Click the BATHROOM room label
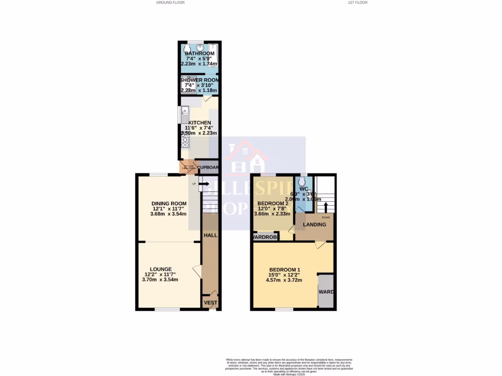pos(200,53)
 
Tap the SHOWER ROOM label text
pos(200,80)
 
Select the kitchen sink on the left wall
pos(184,114)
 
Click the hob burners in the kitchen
pos(185,141)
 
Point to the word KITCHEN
pos(200,122)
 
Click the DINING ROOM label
pos(169,204)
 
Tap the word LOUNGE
pos(161,269)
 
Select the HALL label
pos(210,235)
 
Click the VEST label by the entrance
pos(210,303)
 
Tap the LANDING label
pos(314,225)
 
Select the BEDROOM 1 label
pos(284,270)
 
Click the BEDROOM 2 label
pos(273,203)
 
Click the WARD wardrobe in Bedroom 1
pos(326,292)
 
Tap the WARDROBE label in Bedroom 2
pos(265,237)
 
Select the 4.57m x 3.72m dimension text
pos(284,281)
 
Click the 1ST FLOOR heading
pos(357,2)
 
